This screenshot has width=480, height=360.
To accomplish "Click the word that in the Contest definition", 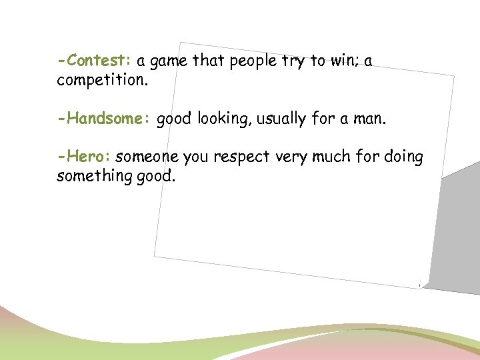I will (209, 61).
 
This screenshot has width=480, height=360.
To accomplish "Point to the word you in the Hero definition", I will (195, 158).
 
